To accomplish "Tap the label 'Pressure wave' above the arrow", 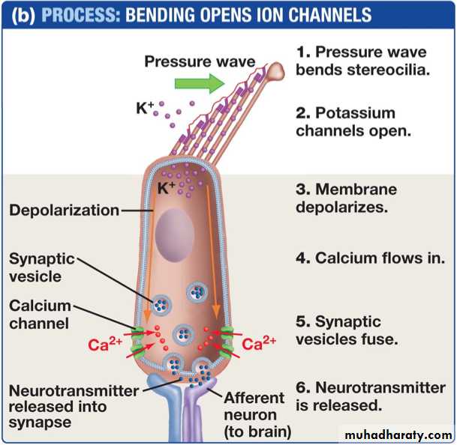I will [x=200, y=61].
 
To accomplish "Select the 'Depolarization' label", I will [x=64, y=211].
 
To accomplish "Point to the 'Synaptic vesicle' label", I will [x=42, y=267].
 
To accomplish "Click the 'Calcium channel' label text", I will [x=40, y=315].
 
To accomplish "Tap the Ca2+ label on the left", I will [x=106, y=345].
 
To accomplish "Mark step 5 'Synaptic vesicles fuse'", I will [x=349, y=330].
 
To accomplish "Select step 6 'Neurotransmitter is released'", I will [x=371, y=397].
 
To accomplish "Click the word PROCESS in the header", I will [x=82, y=14].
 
